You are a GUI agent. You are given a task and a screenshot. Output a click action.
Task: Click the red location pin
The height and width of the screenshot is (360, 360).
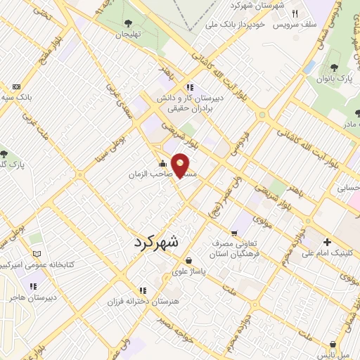click(181, 166)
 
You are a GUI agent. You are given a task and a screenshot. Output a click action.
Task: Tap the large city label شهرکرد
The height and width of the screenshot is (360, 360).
click(155, 241)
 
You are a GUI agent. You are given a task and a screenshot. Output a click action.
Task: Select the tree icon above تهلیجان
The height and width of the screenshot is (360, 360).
click(127, 23)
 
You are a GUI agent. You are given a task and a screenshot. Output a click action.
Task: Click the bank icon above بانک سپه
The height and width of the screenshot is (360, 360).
click(15, 86)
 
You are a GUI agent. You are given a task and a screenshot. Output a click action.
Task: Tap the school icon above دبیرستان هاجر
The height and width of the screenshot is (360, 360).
click(32, 287)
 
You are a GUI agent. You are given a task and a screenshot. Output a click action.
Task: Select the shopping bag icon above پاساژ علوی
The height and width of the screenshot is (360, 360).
click(188, 261)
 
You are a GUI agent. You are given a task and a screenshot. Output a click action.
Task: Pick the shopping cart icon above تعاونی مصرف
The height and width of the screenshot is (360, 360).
click(233, 232)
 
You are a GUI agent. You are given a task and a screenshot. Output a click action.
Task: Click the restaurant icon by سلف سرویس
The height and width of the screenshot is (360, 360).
click(295, 13)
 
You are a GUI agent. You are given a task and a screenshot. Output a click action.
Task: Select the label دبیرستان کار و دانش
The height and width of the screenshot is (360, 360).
click(198, 98)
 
